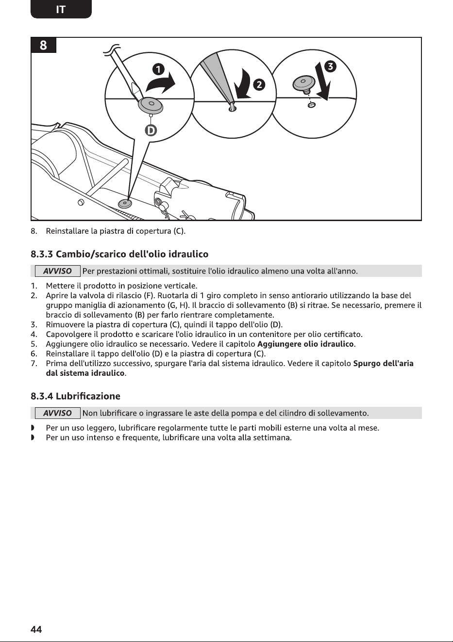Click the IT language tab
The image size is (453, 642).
61,9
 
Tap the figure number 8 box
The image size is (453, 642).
43,45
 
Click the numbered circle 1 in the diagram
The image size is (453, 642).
158,69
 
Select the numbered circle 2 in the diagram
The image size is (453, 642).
259,85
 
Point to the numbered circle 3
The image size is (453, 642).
330,66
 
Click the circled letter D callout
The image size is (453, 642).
151,131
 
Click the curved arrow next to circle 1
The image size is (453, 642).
161,82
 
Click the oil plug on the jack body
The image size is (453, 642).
125,204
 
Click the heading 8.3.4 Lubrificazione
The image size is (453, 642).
75,396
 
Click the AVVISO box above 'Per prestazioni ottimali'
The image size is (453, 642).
57,271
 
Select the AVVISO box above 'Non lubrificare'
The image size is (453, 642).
57,413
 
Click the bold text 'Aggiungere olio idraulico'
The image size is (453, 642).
305,344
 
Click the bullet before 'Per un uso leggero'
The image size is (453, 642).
33,428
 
